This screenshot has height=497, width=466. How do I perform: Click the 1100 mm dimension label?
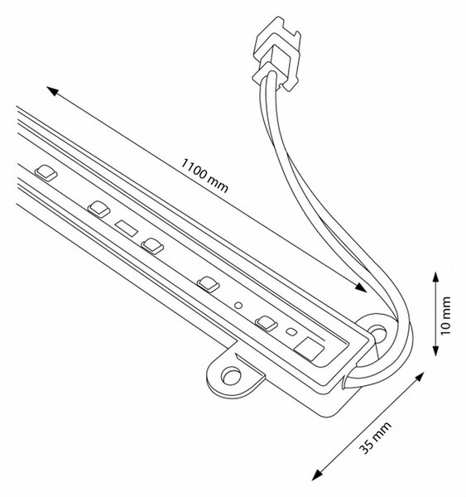point(204,176)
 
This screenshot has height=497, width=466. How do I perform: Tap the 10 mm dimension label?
point(445,316)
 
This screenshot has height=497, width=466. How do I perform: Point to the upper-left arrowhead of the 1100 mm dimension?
point(53,90)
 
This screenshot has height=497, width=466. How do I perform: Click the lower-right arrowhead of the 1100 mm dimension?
point(361,287)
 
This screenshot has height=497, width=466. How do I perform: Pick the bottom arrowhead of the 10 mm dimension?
point(436,350)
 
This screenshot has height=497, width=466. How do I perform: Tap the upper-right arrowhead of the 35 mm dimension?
point(420,377)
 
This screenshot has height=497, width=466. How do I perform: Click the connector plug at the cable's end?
point(276,54)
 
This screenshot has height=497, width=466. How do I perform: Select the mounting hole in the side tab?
point(231,375)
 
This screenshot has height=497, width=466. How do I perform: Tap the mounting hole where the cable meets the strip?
point(378,335)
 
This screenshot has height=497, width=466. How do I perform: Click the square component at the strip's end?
point(309,348)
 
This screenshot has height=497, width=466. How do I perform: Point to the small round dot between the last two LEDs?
point(238,305)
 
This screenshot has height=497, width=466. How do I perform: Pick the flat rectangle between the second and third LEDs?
point(127,229)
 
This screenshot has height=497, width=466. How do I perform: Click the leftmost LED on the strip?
point(46,173)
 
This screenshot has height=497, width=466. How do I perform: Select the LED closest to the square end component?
point(267,323)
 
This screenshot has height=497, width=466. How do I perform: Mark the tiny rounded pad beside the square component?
point(291,332)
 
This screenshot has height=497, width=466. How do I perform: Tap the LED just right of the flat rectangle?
point(152,246)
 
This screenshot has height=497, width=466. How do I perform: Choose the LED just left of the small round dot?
point(208,283)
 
